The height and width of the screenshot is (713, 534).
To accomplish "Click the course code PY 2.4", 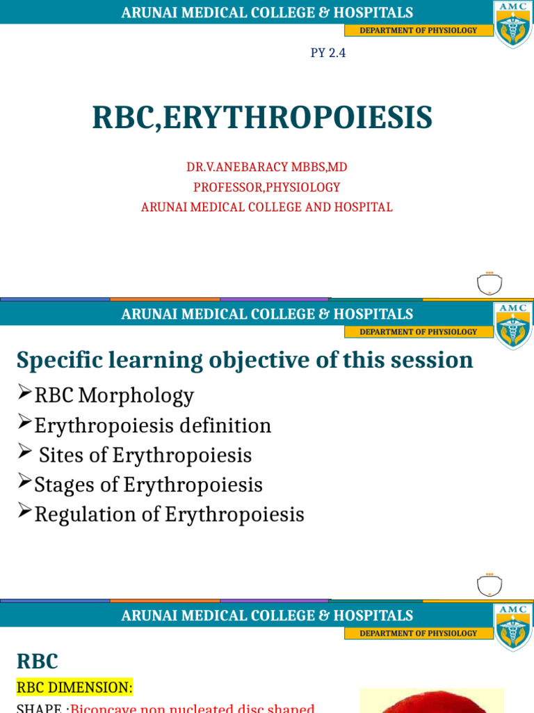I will click(328, 53).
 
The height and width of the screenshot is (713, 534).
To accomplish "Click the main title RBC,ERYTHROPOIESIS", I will click(262, 118).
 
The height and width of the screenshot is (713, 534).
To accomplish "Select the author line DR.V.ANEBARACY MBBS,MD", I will click(266, 167).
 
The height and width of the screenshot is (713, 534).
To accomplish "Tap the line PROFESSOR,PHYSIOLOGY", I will click(266, 187).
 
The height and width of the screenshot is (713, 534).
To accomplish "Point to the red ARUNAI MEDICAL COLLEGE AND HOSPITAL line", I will click(266, 207).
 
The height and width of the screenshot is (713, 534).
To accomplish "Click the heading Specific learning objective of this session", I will click(245, 360).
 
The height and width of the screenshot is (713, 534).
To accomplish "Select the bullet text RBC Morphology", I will click(114, 395).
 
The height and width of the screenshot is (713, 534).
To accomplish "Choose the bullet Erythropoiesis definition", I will click(153, 425).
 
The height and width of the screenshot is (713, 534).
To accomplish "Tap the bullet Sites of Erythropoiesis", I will click(145, 455).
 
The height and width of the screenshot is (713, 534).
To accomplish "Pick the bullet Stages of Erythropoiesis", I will click(149, 485).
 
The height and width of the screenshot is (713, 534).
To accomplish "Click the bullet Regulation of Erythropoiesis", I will click(170, 515).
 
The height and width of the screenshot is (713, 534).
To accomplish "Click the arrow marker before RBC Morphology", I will click(24, 393).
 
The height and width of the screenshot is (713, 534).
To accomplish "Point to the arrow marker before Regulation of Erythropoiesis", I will click(24, 512).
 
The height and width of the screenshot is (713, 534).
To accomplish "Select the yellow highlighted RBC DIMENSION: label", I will click(74, 687).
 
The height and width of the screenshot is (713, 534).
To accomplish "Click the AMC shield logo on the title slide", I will click(513, 24).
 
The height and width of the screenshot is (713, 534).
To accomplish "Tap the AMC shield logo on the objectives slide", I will click(513, 325).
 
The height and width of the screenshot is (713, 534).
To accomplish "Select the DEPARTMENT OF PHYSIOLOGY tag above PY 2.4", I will click(418, 31).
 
